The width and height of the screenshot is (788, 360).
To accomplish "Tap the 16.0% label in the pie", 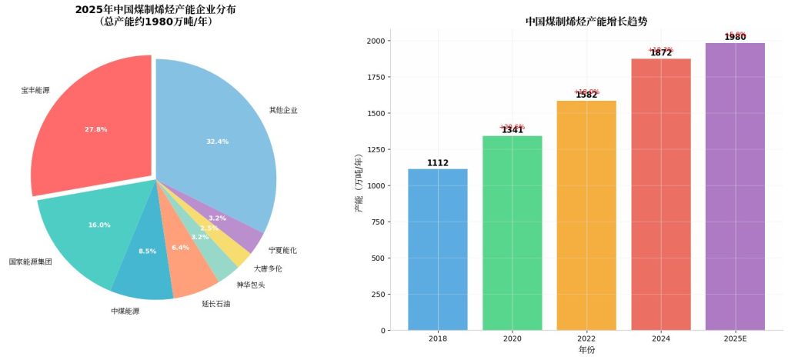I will [99, 225].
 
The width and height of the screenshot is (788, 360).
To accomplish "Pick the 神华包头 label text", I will [229, 285].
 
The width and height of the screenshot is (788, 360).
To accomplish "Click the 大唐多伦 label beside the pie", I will [268, 268].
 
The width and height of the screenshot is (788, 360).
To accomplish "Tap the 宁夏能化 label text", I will [282, 250].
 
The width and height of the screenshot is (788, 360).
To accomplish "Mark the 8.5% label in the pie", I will [147, 251].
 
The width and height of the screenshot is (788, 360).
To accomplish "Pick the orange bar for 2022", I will [586, 215].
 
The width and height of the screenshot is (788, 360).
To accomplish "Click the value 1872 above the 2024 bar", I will [661, 53].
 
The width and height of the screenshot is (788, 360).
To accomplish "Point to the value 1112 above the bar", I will [437, 163].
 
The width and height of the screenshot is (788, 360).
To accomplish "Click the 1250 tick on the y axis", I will [378, 149].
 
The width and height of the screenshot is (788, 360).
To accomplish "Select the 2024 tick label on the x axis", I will [661, 338].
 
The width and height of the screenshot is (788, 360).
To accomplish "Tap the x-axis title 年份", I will [586, 350].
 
